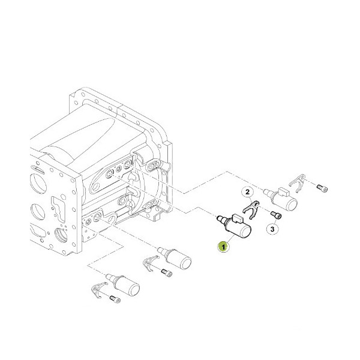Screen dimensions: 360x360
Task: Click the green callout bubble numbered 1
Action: [223, 246]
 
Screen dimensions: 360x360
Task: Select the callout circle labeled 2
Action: [245, 193]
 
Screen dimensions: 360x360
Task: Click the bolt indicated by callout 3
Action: [277, 215]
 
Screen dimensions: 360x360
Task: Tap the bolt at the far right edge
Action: [325, 188]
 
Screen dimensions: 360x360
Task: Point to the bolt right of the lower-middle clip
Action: [167, 274]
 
